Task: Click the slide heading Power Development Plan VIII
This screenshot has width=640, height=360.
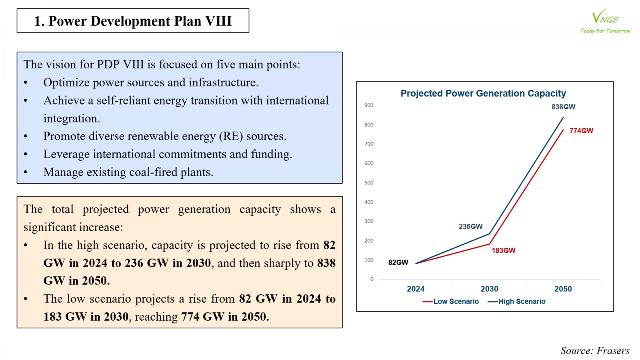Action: point(133,21)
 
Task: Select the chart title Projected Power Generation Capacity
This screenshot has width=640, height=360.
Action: point(483,93)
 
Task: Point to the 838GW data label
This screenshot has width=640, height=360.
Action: point(563,107)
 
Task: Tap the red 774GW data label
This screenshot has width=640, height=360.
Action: point(581,131)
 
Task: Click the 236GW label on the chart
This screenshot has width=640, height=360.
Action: point(470,226)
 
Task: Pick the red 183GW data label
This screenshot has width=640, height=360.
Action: point(503,250)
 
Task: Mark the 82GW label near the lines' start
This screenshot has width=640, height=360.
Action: point(398,262)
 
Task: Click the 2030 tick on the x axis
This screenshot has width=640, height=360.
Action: point(489,289)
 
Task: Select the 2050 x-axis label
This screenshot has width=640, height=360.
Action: point(563,289)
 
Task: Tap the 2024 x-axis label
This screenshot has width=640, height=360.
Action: point(416,289)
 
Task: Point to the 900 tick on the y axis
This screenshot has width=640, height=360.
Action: point(369,105)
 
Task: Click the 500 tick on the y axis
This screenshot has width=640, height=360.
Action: point(369,183)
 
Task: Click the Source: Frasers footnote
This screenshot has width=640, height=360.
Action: point(595,351)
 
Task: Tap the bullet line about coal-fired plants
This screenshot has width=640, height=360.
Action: point(128,172)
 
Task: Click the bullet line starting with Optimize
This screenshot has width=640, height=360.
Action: point(151,82)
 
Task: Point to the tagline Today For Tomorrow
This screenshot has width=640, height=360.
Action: point(605,31)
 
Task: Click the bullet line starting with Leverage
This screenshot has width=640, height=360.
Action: point(168,154)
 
